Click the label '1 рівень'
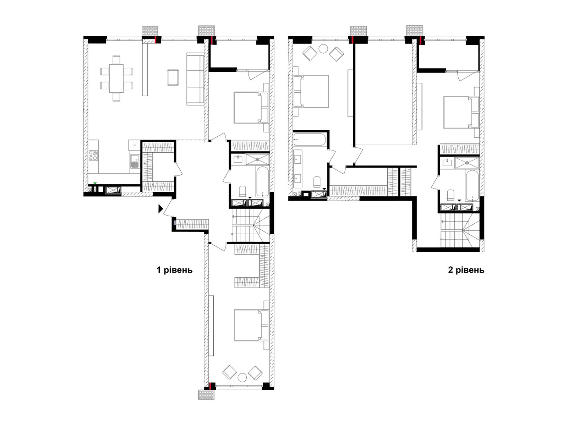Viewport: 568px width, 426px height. (x=174, y=270)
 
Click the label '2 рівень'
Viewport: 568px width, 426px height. (x=466, y=270)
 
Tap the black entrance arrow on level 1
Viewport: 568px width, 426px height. (x=160, y=209)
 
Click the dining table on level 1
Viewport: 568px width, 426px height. (x=116, y=78)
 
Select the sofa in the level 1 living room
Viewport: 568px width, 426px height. (x=195, y=79)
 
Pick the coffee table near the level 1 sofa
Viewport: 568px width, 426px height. (x=173, y=77)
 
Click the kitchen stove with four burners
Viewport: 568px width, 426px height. (x=93, y=155)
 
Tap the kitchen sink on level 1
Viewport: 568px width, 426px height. (x=135, y=162)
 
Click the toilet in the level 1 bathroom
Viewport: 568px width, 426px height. (x=243, y=191)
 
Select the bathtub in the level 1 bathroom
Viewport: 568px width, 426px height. (x=262, y=181)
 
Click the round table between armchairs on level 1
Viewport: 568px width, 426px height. (x=242, y=377)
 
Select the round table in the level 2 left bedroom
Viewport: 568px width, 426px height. (x=323, y=49)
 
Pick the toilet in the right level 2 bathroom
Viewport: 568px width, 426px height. (x=450, y=195)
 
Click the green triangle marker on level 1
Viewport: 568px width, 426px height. (x=95, y=183)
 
